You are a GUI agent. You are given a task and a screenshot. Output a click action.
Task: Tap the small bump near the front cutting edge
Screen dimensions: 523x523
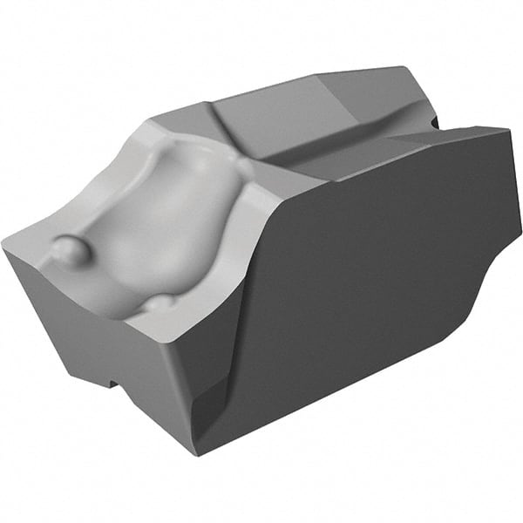click(x=160, y=303)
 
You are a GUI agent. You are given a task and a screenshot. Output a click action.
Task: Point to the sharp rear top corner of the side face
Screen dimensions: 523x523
click(x=508, y=130)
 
